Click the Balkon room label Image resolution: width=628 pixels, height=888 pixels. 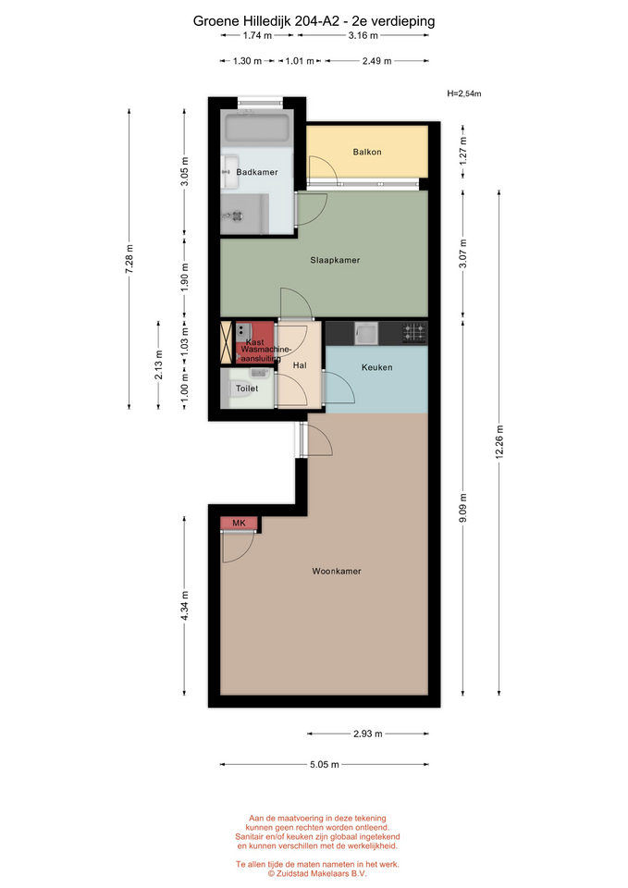point(367,152)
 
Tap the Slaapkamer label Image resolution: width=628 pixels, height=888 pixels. point(335,261)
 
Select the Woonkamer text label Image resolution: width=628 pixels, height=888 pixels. point(337,572)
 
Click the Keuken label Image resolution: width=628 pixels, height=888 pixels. point(376,367)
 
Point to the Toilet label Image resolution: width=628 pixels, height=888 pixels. point(247,388)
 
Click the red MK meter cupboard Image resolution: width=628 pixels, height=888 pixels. point(239,524)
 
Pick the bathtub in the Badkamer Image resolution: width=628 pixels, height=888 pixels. point(258,129)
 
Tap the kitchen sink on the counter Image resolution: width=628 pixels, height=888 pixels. point(366,333)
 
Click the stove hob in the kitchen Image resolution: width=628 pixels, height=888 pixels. point(414,333)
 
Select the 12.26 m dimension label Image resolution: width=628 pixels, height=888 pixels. point(499,443)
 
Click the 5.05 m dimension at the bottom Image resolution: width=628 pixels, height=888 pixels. point(325,765)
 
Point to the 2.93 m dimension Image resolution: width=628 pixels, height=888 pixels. point(367,734)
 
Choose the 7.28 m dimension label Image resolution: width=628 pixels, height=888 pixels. point(129,259)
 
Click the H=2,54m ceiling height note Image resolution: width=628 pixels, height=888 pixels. point(463,93)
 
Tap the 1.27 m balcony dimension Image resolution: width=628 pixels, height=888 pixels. point(463,151)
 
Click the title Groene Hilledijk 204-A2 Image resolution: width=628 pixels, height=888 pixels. point(266,21)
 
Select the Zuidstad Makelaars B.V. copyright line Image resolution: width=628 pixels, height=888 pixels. point(317,874)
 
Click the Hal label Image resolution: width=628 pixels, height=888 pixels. point(300,366)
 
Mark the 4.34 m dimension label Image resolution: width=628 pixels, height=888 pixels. point(185,605)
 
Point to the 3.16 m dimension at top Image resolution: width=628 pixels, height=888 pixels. point(363,35)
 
